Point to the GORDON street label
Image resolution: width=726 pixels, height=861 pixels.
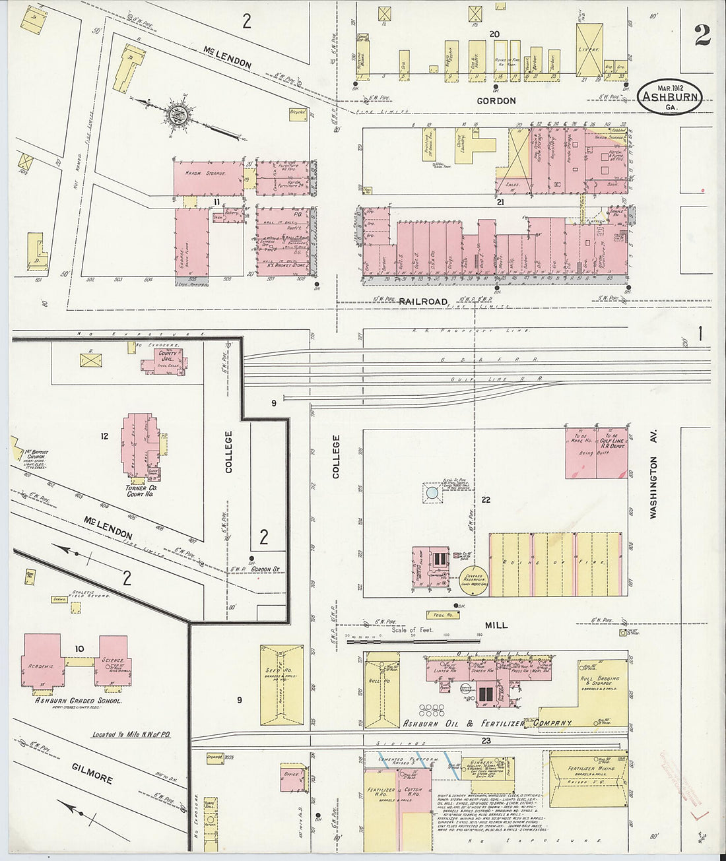(496, 101)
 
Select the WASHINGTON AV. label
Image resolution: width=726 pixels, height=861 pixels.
(654, 474)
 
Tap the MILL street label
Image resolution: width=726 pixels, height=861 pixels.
(496, 625)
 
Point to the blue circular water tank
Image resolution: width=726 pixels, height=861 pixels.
(432, 492)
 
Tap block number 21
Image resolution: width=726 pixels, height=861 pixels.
(500, 203)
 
